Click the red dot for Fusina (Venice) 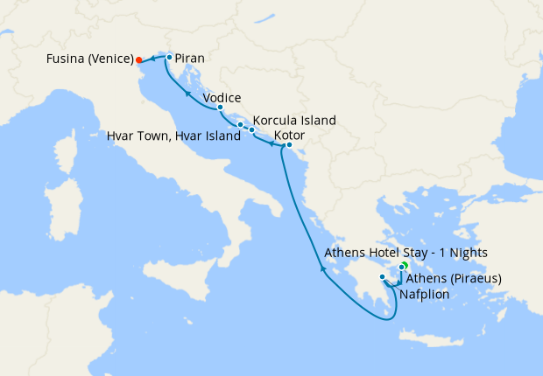(138, 60)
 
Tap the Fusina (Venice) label (89, 60)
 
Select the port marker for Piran (169, 57)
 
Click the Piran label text (190, 59)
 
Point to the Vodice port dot (220, 108)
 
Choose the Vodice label (222, 98)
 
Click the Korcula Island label (294, 121)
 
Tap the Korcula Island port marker (252, 130)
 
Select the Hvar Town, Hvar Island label (173, 136)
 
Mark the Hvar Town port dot (240, 124)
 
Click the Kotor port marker (289, 145)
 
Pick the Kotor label (289, 136)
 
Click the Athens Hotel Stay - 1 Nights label (405, 253)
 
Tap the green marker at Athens (405, 265)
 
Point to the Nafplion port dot (383, 277)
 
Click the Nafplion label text (424, 295)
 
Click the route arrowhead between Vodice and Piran (188, 91)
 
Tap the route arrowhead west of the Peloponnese (323, 269)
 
